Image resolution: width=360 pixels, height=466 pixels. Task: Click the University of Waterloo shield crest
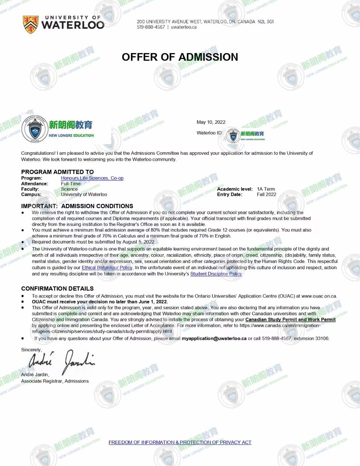30,24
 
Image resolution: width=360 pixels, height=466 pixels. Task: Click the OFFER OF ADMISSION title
180,57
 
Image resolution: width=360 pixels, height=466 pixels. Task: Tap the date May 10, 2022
211,122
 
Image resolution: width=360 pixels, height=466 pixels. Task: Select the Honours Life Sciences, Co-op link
92,178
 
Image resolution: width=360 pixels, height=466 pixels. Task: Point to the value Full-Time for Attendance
71,184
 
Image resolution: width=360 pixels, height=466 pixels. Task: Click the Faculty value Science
69,189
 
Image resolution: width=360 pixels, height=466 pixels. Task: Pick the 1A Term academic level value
266,189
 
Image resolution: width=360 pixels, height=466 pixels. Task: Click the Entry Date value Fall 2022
266,194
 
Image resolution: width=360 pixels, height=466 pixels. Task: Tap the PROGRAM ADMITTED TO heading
57,172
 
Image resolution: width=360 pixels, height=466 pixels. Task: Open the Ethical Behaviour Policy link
107,268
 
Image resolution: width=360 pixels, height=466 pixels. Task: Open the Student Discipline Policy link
216,274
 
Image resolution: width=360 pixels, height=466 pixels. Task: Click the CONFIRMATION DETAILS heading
57,289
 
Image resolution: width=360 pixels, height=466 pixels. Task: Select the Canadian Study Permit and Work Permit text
290,320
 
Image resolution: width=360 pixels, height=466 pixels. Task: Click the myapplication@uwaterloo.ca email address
214,338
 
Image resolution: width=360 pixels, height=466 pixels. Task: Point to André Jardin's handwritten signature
62,361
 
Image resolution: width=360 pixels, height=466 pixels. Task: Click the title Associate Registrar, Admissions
55,381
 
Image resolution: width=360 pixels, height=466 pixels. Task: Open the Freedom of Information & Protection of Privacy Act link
180,442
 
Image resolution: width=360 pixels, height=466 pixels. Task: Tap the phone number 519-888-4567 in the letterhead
151,27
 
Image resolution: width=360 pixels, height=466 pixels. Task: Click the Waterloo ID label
209,133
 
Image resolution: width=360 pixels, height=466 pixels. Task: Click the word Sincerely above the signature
31,350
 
